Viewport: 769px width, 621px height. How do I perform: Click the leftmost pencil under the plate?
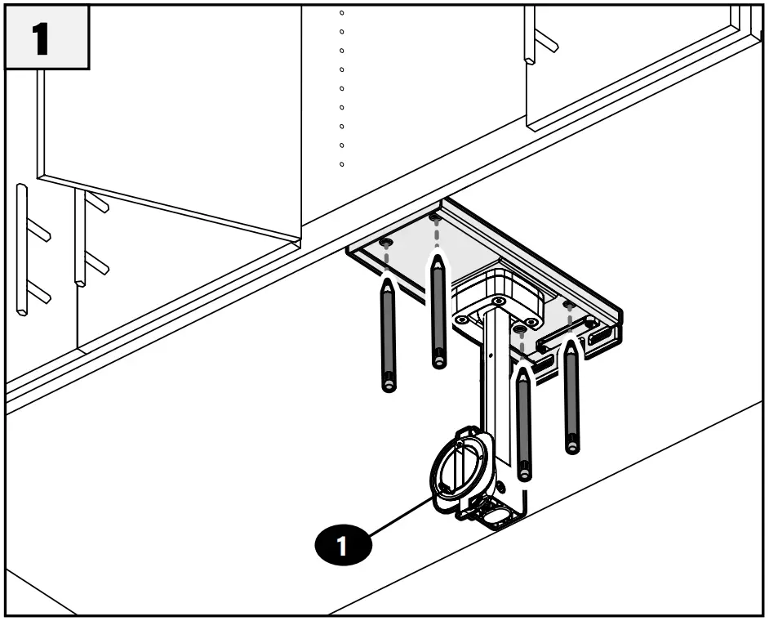(389, 335)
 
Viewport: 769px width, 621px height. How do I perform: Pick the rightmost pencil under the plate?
(572, 396)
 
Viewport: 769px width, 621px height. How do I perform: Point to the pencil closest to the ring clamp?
(524, 421)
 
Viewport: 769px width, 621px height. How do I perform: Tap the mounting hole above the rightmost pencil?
(569, 305)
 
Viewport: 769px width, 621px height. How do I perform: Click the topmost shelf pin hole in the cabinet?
(341, 13)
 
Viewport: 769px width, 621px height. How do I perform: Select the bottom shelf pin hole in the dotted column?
(341, 164)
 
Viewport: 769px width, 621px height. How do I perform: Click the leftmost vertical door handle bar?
(22, 249)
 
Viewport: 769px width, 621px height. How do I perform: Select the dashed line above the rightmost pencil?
(570, 324)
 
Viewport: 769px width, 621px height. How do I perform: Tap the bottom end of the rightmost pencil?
(573, 448)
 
